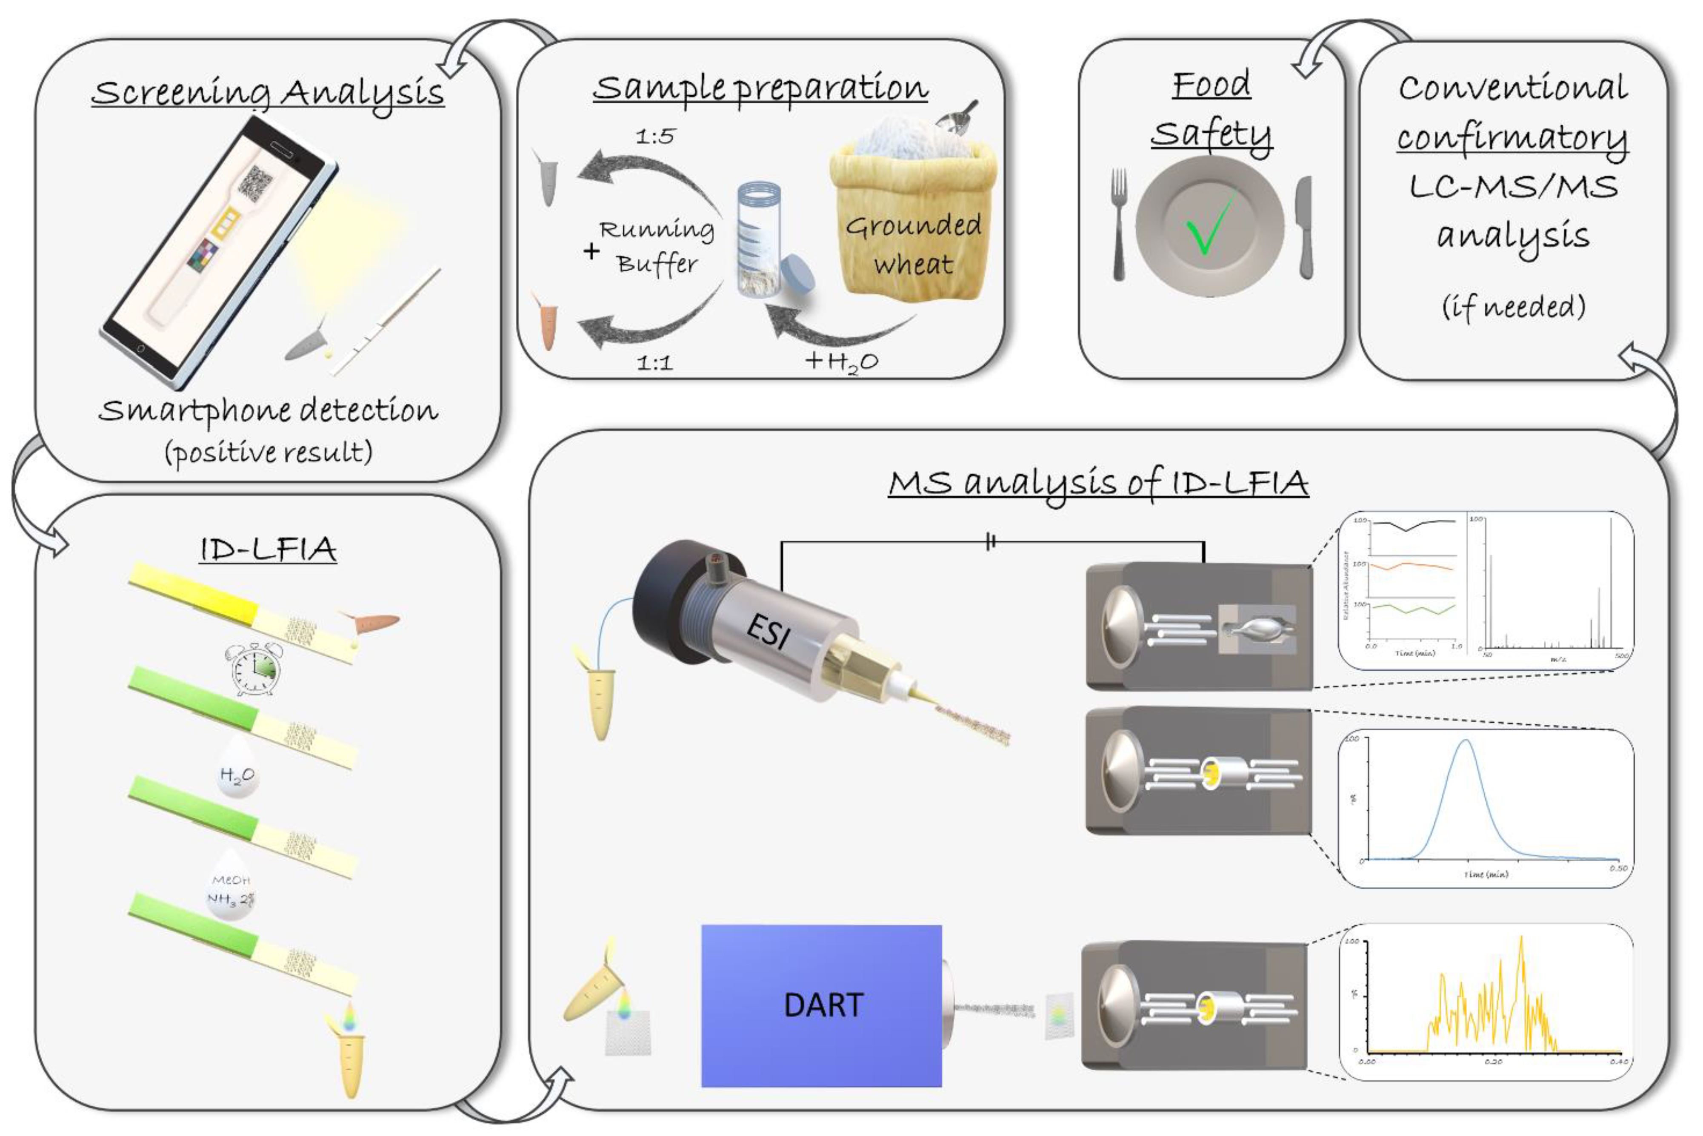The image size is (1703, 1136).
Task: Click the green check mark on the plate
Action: coord(1209,225)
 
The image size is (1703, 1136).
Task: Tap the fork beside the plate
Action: coord(1119,225)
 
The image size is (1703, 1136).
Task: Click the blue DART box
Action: coord(821,1005)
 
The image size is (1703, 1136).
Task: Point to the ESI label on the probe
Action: coord(768,631)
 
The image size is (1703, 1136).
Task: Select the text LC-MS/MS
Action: coord(1513,187)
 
